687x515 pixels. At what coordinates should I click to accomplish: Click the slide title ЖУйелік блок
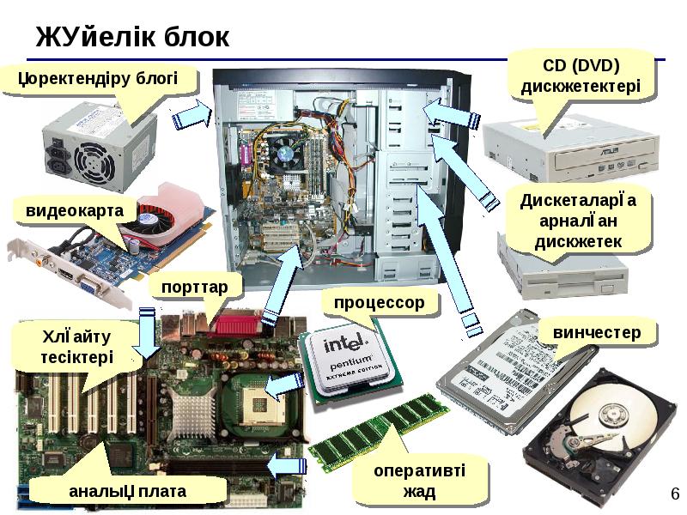132,37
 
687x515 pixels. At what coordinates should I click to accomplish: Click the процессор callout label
379,303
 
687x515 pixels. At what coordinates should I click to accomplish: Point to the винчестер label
596,332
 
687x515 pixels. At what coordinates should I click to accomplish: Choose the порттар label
194,286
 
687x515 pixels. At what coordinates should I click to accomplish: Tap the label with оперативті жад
419,481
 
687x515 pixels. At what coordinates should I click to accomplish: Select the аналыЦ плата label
128,490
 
